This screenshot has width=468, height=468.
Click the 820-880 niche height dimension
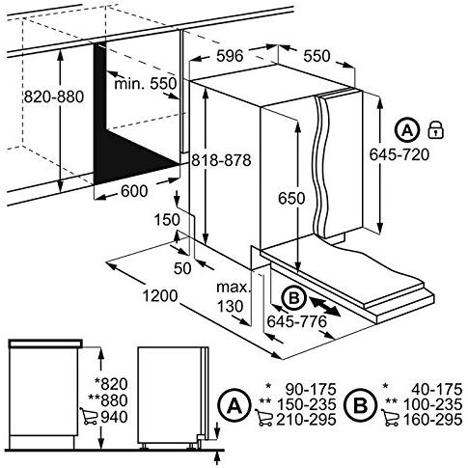[54, 96]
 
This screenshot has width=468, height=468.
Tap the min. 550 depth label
[146, 84]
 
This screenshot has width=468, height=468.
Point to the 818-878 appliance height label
[221, 160]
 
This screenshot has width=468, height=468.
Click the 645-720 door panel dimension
[399, 154]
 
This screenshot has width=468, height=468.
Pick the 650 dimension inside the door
[291, 198]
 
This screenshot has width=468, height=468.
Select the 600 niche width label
[134, 191]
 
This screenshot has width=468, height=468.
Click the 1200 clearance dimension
[160, 296]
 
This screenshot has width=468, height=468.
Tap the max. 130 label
[234, 296]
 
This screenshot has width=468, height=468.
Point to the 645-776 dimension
[296, 321]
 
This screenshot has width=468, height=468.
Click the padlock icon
[436, 130]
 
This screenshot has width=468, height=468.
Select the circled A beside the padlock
[407, 130]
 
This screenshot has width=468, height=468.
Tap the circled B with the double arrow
[294, 298]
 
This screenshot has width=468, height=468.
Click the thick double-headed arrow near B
[325, 307]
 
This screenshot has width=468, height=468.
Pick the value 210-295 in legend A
[306, 420]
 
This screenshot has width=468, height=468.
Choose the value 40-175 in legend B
[437, 390]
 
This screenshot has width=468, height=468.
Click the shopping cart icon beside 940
[89, 416]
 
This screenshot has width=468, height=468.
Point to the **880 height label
[108, 400]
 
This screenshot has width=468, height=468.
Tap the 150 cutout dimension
[167, 220]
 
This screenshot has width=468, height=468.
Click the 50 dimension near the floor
[182, 268]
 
